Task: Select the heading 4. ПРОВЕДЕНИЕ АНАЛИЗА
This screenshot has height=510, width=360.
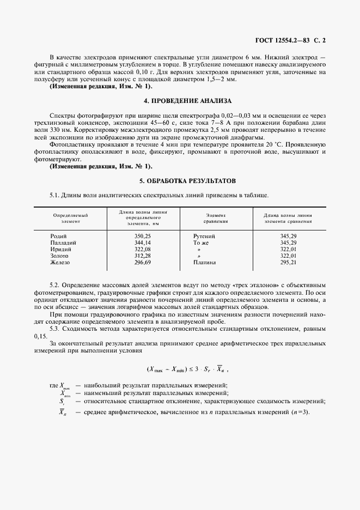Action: pos(179,101)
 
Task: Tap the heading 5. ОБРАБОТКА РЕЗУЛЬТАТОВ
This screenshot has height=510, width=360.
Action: pos(179,180)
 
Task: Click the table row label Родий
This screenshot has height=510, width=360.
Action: pos(58,236)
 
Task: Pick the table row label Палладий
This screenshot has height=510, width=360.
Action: pos(63,242)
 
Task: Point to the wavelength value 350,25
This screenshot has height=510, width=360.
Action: pos(143,236)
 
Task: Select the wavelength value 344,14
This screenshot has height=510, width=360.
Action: pos(143,242)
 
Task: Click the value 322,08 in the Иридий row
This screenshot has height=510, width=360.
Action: pos(143,249)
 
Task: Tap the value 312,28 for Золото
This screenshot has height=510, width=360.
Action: pos(143,256)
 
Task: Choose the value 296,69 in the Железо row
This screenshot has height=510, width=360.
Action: pos(143,262)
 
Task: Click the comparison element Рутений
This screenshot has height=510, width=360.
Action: pos(204,236)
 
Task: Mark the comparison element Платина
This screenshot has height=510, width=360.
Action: pos(205,262)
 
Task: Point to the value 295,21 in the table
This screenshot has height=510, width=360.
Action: pos(288,262)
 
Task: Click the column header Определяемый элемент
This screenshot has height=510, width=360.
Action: pos(70,218)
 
